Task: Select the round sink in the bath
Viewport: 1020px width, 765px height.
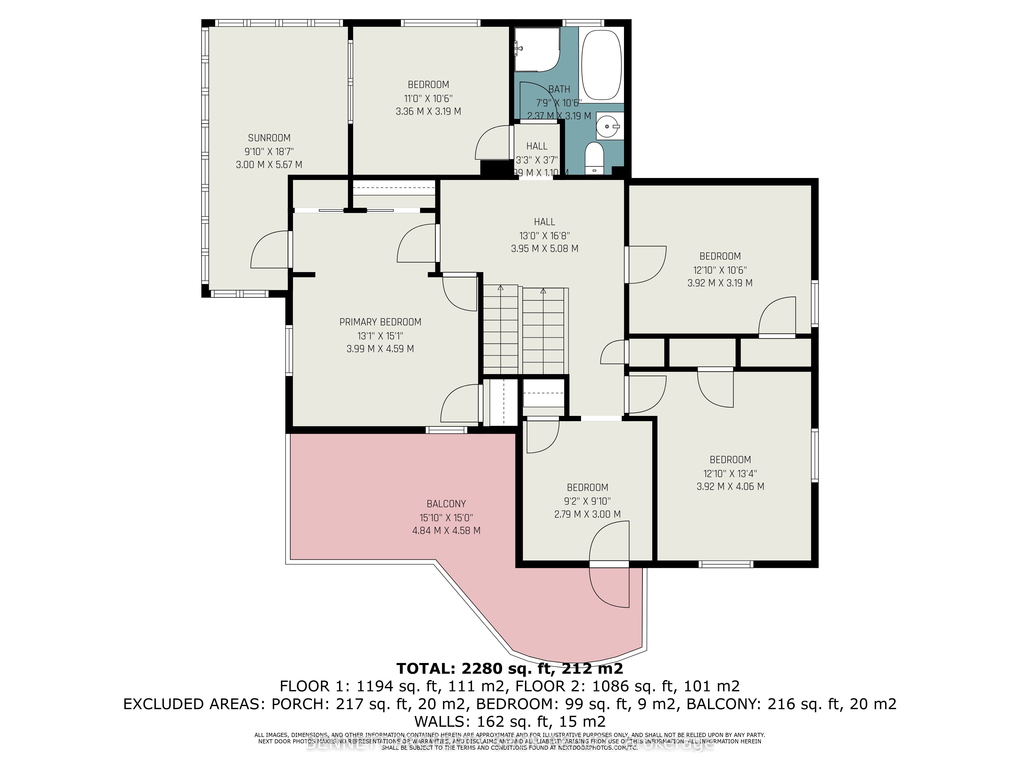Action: pyautogui.click(x=607, y=125)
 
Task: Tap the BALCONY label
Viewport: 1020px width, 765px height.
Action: pyautogui.click(x=446, y=504)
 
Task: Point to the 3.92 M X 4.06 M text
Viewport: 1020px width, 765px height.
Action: pyautogui.click(x=730, y=486)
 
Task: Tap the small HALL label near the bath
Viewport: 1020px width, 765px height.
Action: pyautogui.click(x=537, y=146)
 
